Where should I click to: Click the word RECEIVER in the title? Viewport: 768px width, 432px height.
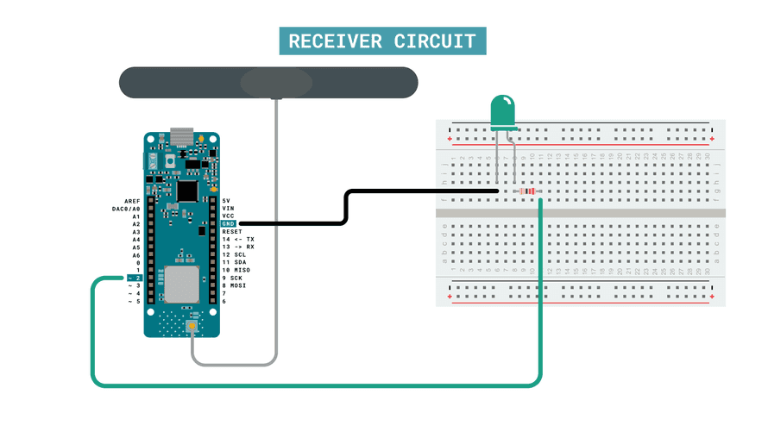[x=335, y=41]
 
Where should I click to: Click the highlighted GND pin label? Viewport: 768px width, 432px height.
[x=228, y=223]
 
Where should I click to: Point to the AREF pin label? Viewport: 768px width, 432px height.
[x=132, y=200]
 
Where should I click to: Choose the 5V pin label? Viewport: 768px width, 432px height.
[x=226, y=200]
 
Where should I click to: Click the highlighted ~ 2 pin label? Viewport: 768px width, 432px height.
[x=134, y=278]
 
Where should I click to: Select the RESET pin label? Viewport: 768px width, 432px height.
[x=232, y=231]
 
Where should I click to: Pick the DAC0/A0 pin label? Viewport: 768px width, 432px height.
[x=126, y=208]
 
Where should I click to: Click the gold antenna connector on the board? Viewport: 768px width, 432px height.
[x=191, y=329]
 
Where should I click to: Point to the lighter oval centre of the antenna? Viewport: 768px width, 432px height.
[x=276, y=83]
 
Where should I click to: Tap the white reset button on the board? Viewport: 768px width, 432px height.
[x=172, y=161]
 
